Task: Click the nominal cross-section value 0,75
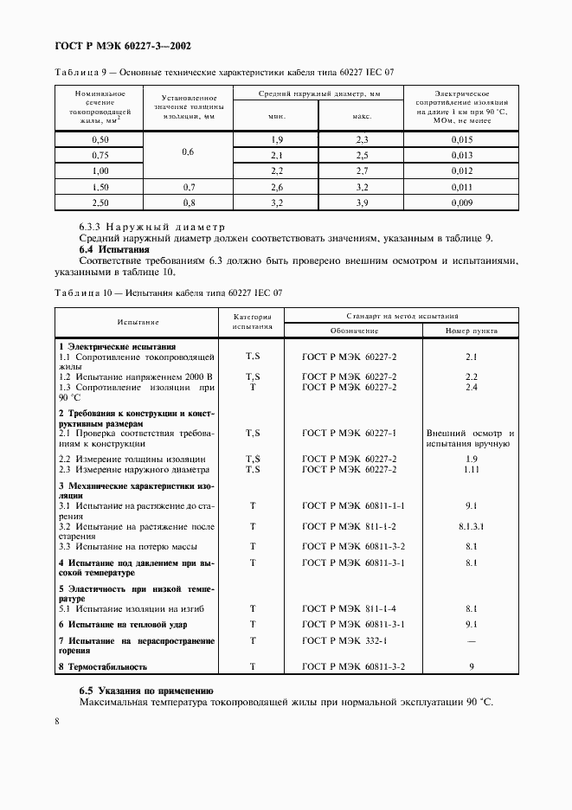coord(100,155)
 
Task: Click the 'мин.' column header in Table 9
coord(277,115)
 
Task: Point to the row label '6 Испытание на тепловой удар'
coord(123,624)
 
